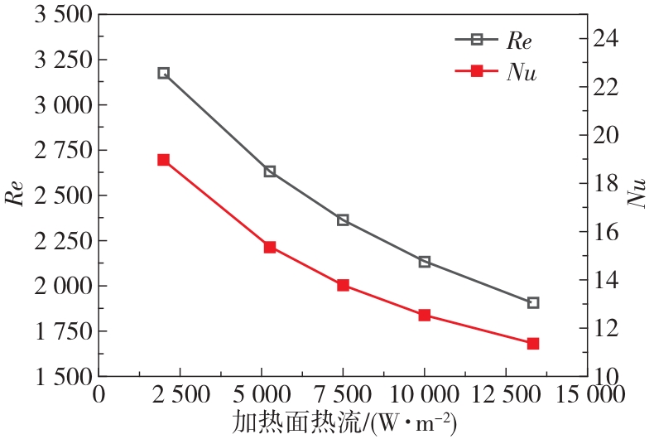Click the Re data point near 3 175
pyautogui.click(x=163, y=73)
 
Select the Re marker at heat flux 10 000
pyautogui.click(x=425, y=262)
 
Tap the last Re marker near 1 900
pyautogui.click(x=533, y=302)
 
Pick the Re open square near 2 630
pyautogui.click(x=269, y=171)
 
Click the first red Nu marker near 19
pyautogui.click(x=163, y=160)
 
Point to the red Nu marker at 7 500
pyautogui.click(x=343, y=285)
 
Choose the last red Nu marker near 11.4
pyautogui.click(x=533, y=343)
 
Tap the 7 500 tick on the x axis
pyautogui.click(x=343, y=395)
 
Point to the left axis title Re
pyautogui.click(x=16, y=195)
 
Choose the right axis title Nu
pyautogui.click(x=638, y=195)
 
